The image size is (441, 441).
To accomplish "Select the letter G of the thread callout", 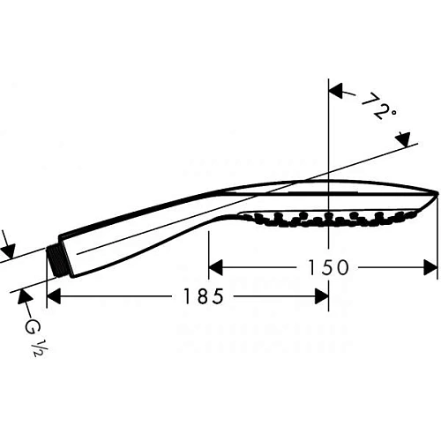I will click(x=32, y=328).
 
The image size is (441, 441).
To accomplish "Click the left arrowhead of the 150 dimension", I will click(x=214, y=266).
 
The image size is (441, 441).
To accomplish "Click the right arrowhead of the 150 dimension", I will click(x=432, y=266).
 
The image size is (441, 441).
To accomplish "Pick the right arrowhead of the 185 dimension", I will click(x=323, y=297).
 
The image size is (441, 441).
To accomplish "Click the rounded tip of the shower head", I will click(x=434, y=195).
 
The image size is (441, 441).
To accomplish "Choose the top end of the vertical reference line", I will click(x=329, y=81).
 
